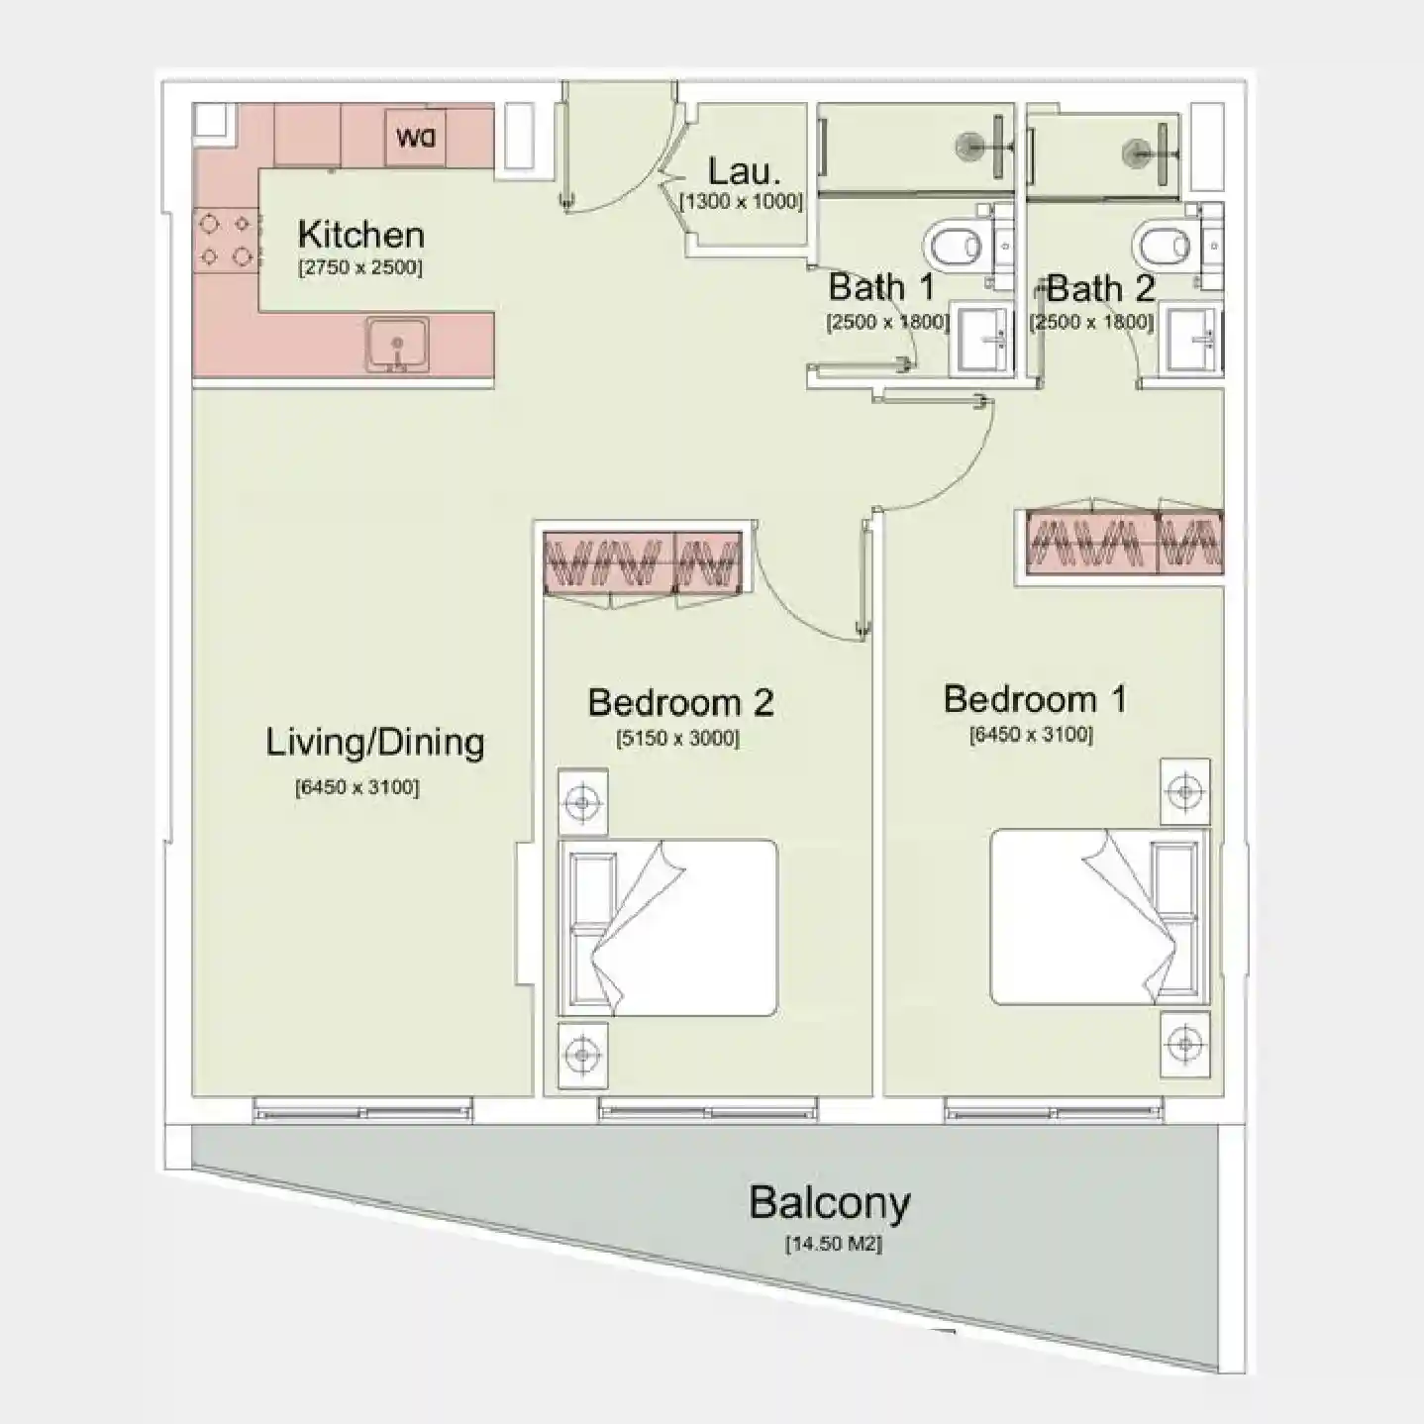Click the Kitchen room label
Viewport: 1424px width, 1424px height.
[x=360, y=235]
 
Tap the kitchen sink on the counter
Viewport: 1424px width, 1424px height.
[x=397, y=345]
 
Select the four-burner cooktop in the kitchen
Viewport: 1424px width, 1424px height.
[x=227, y=241]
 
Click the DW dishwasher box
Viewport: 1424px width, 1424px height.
[x=415, y=137]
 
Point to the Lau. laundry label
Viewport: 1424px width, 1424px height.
[x=744, y=172]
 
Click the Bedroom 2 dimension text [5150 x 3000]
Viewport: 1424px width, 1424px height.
[x=677, y=739]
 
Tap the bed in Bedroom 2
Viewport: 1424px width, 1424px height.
[x=667, y=928]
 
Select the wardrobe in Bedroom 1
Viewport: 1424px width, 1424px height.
[x=1124, y=543]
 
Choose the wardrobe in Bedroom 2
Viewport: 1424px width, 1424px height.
[x=643, y=562]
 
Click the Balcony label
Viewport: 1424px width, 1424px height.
[x=829, y=1202]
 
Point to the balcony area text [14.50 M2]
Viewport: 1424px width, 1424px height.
[x=833, y=1244]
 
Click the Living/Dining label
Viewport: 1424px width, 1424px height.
[x=374, y=743]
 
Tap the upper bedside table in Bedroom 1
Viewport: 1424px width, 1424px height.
[x=1185, y=791]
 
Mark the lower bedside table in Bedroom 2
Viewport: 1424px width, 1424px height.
[x=582, y=1055]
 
